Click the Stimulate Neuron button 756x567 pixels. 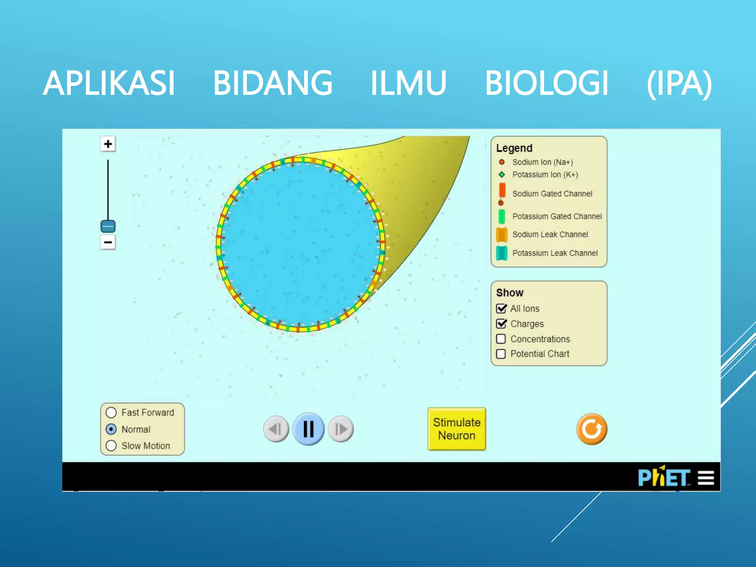456,429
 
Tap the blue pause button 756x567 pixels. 308,429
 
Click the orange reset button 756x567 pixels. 592,429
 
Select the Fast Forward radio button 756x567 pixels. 111,412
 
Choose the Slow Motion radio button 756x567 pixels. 111,446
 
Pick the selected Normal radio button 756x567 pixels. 111,429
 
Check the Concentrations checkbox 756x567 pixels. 501,339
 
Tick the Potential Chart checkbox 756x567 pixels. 501,354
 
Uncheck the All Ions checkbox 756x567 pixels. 501,308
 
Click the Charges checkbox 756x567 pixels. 501,324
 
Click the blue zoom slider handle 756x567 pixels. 108,226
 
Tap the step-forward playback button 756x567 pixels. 341,429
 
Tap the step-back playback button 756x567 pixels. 276,429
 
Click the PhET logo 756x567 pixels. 664,478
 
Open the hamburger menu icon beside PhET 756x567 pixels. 706,478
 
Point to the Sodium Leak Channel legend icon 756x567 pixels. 502,234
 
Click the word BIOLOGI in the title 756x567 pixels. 546,83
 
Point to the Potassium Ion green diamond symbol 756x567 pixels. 502,174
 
